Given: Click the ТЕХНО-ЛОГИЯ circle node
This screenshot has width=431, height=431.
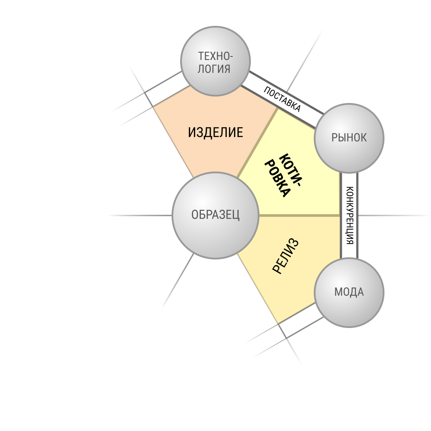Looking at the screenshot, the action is coord(215,61).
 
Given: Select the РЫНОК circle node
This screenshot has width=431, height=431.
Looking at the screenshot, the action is coord(349,138).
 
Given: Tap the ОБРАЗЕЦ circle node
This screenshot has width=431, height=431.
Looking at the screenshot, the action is coord(215,215).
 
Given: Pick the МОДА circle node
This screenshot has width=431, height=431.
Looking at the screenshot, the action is coord(349,293).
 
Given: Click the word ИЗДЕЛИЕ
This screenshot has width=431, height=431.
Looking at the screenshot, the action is coord(215,132).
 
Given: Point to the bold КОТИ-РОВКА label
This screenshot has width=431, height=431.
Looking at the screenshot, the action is coord(283,175).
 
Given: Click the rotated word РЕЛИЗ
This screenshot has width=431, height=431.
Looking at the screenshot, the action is coord(285,256).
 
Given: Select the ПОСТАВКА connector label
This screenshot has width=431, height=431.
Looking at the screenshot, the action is coord(282,99).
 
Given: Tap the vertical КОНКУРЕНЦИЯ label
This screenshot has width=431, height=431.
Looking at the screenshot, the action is coord(350,215).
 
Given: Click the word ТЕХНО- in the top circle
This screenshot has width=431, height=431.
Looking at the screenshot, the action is coord(215,56).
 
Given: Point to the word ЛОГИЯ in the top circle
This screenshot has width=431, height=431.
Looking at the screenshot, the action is coord(214,69).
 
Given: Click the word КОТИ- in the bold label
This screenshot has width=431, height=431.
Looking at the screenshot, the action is coord(290,170).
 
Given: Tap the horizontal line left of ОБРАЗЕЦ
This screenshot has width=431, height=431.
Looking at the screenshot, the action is coord(140,215).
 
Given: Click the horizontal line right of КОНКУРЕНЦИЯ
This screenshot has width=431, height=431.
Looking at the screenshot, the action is coord(394,215).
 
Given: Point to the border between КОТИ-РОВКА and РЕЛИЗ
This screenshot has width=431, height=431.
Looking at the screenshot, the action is coord(300,215).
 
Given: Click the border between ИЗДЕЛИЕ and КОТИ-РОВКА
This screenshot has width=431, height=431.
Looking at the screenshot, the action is coord(258,143).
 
